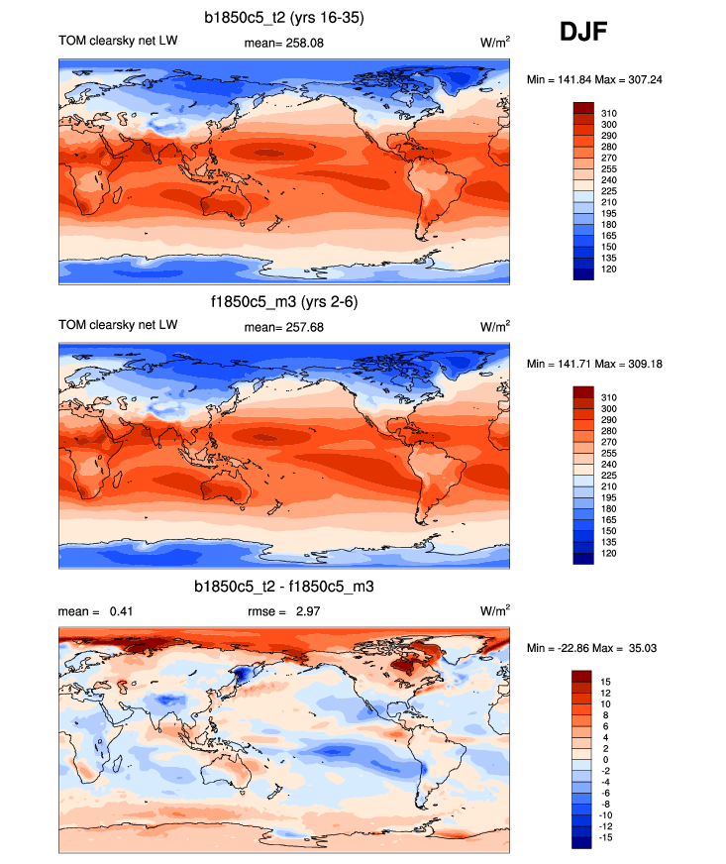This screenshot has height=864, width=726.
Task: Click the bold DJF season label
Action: [x=583, y=34]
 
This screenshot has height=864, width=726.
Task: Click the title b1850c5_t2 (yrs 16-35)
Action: [x=284, y=17]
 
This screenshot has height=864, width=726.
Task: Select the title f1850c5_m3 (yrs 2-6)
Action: [x=284, y=301]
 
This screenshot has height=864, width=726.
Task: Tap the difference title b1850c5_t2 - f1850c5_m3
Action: [x=284, y=588]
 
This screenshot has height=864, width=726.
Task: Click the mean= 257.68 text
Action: [x=284, y=326]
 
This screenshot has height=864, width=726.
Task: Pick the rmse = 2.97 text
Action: [x=284, y=611]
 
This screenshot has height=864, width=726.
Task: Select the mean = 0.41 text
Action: [x=96, y=611]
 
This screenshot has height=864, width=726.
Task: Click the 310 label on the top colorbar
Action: [x=609, y=114]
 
